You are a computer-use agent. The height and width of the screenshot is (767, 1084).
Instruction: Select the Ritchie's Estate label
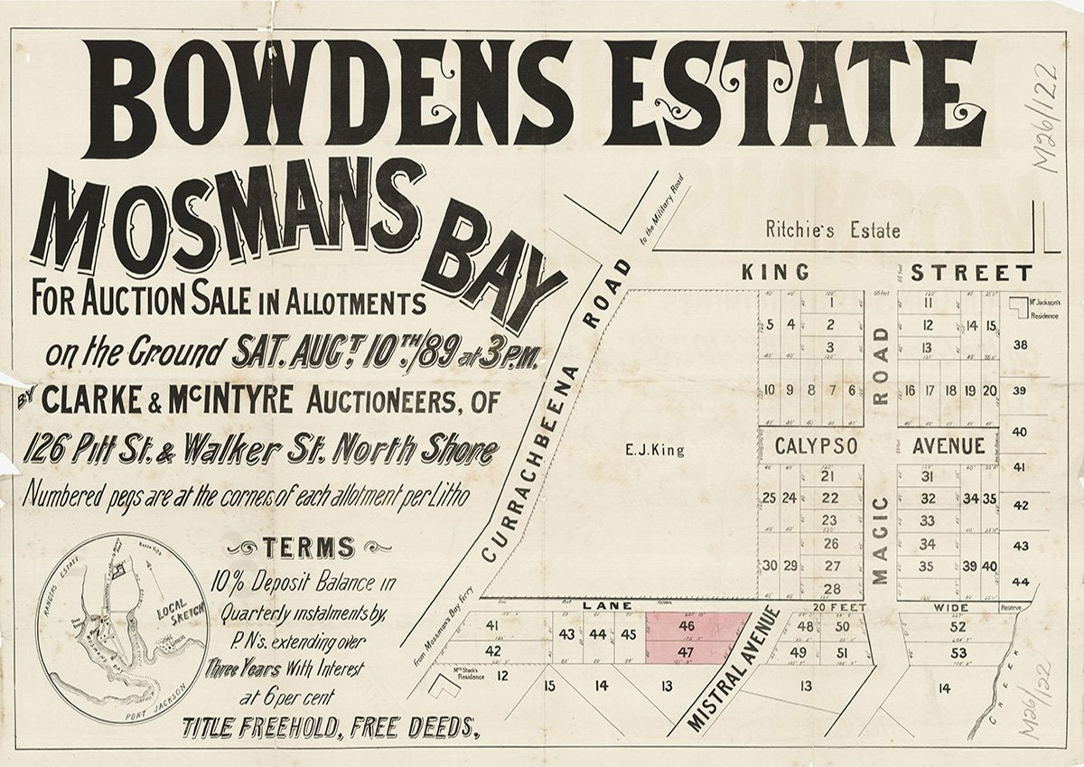tap(832, 230)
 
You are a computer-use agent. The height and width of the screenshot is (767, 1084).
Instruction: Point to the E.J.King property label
tap(666, 450)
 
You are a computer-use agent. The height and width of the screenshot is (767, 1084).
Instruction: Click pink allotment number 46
tap(686, 625)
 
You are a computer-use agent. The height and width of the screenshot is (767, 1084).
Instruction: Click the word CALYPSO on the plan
tap(816, 446)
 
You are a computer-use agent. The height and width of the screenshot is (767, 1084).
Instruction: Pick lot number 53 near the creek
tap(958, 653)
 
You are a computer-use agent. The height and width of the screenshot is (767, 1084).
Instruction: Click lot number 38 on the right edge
tap(1021, 344)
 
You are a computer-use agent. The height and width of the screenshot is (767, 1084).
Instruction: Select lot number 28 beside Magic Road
tap(832, 588)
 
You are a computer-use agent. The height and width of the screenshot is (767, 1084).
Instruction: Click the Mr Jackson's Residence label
tap(1044, 305)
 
